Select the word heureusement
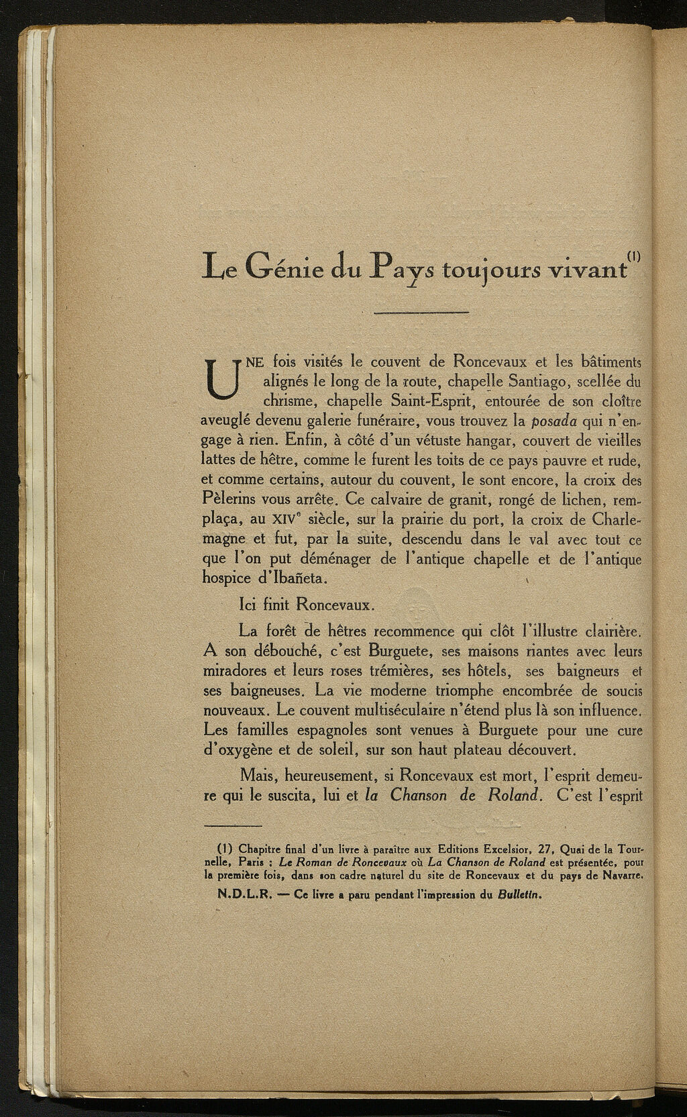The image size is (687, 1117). point(331,776)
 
